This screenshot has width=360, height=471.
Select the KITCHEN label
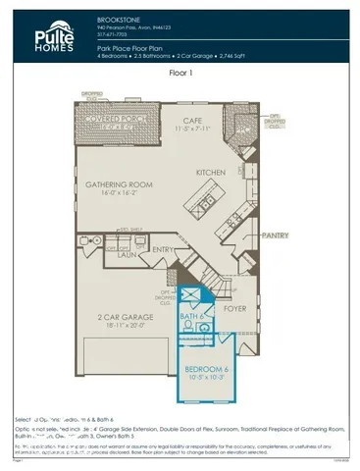click(x=211, y=173)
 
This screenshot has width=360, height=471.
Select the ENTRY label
click(x=164, y=251)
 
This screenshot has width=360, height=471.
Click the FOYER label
click(x=235, y=307)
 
